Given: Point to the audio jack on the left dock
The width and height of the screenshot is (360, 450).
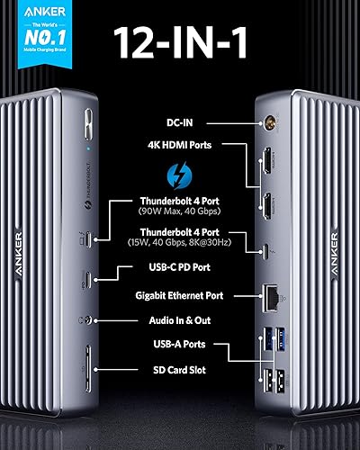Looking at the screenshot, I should [87, 319].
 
